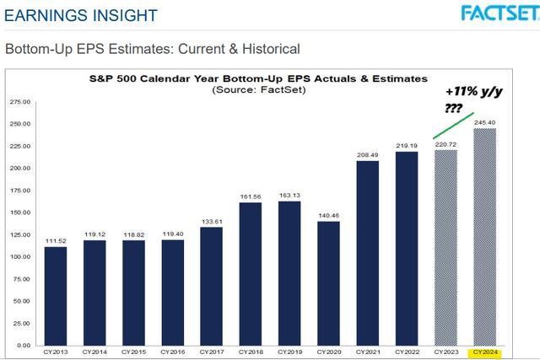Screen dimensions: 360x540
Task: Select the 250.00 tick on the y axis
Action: (x=19, y=124)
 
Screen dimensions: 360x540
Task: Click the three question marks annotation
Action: (x=453, y=108)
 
